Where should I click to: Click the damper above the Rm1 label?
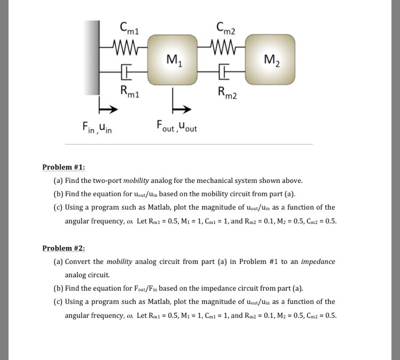[125, 73]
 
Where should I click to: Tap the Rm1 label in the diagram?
[129, 91]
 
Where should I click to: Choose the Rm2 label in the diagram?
[227, 91]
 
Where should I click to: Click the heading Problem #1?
[63, 167]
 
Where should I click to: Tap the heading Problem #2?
[63, 248]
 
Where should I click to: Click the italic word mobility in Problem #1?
[136, 180]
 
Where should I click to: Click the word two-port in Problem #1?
[107, 180]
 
